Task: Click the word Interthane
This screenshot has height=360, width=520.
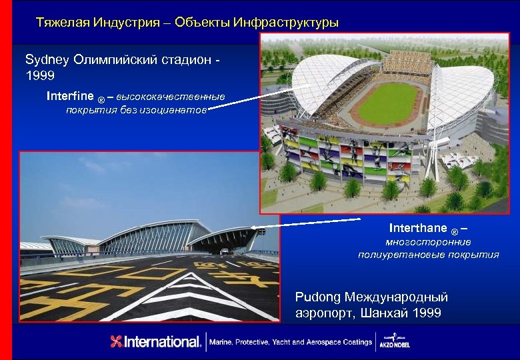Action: coord(418,229)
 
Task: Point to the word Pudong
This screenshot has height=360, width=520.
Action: coord(317,297)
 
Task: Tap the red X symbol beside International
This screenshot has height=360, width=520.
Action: coord(117,342)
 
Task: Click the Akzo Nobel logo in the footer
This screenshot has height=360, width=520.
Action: coord(396,342)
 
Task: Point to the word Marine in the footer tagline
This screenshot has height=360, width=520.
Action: coord(221,342)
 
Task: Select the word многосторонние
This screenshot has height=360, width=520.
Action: coord(428,242)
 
